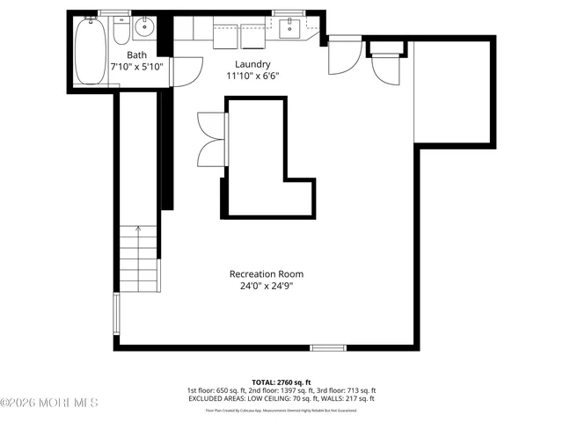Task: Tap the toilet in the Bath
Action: click(x=121, y=31)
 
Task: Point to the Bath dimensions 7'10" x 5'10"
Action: click(x=136, y=68)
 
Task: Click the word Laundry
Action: click(x=252, y=64)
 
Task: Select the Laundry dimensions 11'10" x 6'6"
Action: click(x=252, y=76)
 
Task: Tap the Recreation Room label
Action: click(x=267, y=274)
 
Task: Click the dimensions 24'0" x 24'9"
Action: click(x=267, y=287)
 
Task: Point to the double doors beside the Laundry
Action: click(x=210, y=139)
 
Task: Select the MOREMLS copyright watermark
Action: click(x=49, y=404)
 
